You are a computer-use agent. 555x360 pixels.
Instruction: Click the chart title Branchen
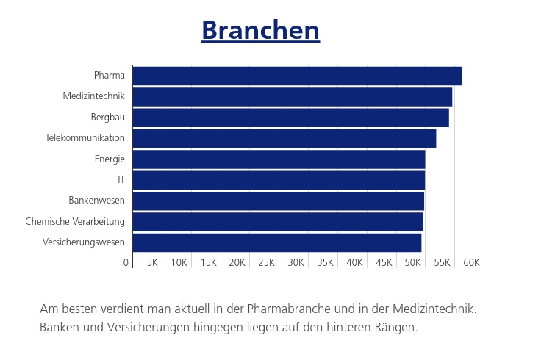pos(260,30)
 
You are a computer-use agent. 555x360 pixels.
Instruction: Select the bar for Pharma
pos(297,76)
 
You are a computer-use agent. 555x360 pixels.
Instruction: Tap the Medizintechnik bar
pos(292,97)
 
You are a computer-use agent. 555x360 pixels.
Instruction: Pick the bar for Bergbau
pos(290,118)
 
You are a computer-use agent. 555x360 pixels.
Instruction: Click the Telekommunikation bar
pos(284,138)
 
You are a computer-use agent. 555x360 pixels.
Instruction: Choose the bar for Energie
pos(279,159)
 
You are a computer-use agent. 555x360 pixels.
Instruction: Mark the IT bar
pos(279,180)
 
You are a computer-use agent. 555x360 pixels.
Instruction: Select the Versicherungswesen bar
pos(276,242)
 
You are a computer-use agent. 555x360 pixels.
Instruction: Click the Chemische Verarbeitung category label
pos(75,221)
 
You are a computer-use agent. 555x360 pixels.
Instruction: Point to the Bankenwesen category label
pos(96,201)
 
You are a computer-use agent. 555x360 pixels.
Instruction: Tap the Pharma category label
pos(110,76)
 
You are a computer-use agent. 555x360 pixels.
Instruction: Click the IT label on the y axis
pos(121,180)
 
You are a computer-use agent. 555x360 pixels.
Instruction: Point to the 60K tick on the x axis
pos(472,262)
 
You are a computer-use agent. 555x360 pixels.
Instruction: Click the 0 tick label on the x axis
pos(126,262)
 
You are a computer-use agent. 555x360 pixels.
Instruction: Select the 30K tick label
pos(296,262)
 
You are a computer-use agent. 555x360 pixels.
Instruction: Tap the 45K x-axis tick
pos(384,262)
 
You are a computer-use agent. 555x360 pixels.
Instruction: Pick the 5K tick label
pos(153,262)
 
